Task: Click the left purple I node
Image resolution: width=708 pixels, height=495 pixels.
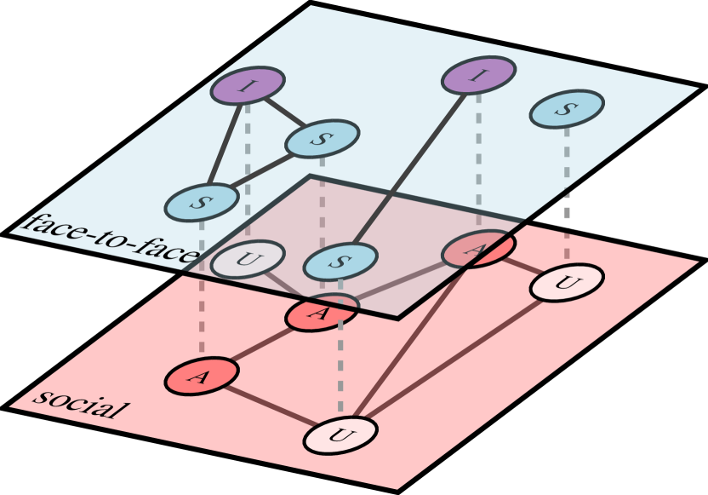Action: click(x=248, y=85)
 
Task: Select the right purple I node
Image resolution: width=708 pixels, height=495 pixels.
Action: click(x=478, y=76)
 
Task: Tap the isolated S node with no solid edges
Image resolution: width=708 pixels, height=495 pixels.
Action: click(x=567, y=108)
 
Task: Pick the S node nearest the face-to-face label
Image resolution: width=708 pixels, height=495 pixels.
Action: click(x=201, y=202)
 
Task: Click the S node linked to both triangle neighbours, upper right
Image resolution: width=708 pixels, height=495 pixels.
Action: click(x=322, y=139)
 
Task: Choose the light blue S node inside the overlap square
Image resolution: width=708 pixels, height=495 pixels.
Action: click(x=340, y=262)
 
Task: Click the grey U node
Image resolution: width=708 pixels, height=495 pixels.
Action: click(x=245, y=260)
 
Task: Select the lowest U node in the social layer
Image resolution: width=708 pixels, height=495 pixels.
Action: click(x=340, y=436)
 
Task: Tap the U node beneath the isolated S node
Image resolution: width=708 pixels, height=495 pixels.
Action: click(x=567, y=282)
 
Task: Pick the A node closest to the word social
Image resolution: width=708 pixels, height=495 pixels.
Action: click(x=201, y=377)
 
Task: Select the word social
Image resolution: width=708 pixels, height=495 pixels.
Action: click(x=80, y=404)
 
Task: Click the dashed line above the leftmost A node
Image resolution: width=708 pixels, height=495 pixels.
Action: click(x=202, y=290)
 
